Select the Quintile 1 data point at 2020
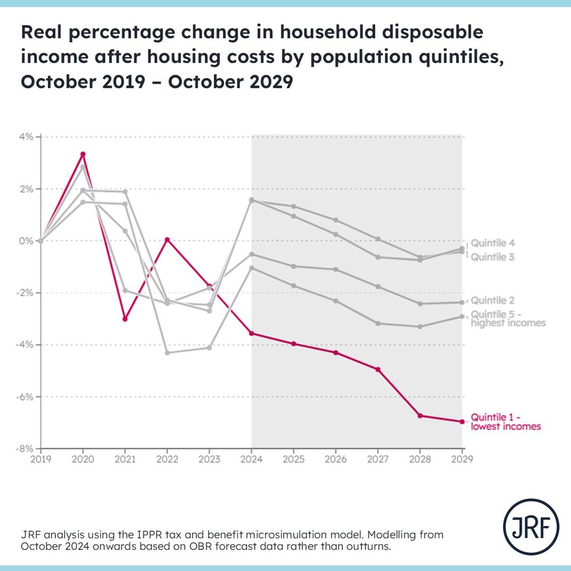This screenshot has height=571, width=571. (83, 154)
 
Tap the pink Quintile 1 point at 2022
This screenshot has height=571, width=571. (167, 240)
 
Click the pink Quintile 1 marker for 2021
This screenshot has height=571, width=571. (125, 319)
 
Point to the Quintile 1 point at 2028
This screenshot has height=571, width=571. (420, 416)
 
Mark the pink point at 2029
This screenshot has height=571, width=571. (462, 421)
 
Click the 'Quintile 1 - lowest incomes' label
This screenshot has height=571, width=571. (505, 421)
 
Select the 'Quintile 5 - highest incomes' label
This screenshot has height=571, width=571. (508, 319)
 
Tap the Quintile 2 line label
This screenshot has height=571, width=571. (493, 300)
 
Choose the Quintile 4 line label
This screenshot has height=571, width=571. (493, 243)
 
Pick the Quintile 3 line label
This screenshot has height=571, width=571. (493, 257)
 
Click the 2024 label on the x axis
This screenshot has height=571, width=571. (252, 459)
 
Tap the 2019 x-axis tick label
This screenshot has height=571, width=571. (41, 459)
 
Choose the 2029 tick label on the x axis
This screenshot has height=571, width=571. (462, 459)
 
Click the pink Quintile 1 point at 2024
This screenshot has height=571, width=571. (252, 333)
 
